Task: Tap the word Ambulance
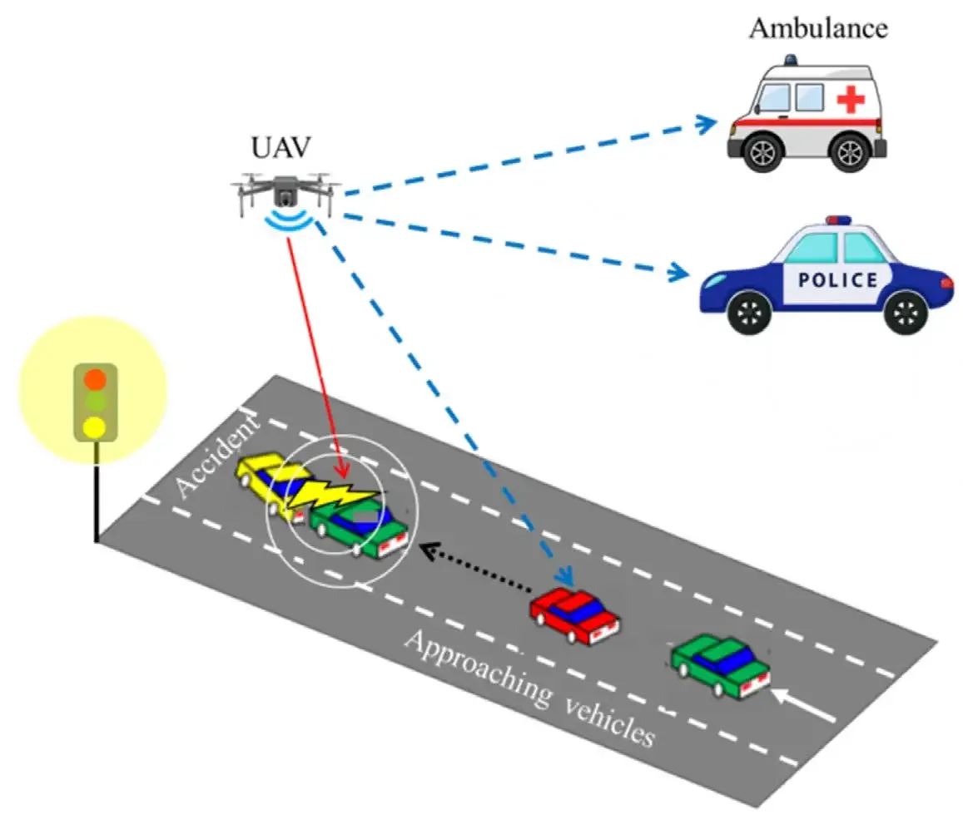pyautogui.click(x=818, y=27)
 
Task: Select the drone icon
pyautogui.click(x=285, y=193)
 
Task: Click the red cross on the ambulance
pyautogui.click(x=850, y=101)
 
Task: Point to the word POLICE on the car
pyautogui.click(x=838, y=279)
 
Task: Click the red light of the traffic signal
pyautogui.click(x=95, y=379)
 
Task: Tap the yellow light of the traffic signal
pyautogui.click(x=94, y=427)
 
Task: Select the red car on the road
pyautogui.click(x=575, y=615)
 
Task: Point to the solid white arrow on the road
pyautogui.click(x=803, y=704)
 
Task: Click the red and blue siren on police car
pyautogui.click(x=839, y=221)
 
